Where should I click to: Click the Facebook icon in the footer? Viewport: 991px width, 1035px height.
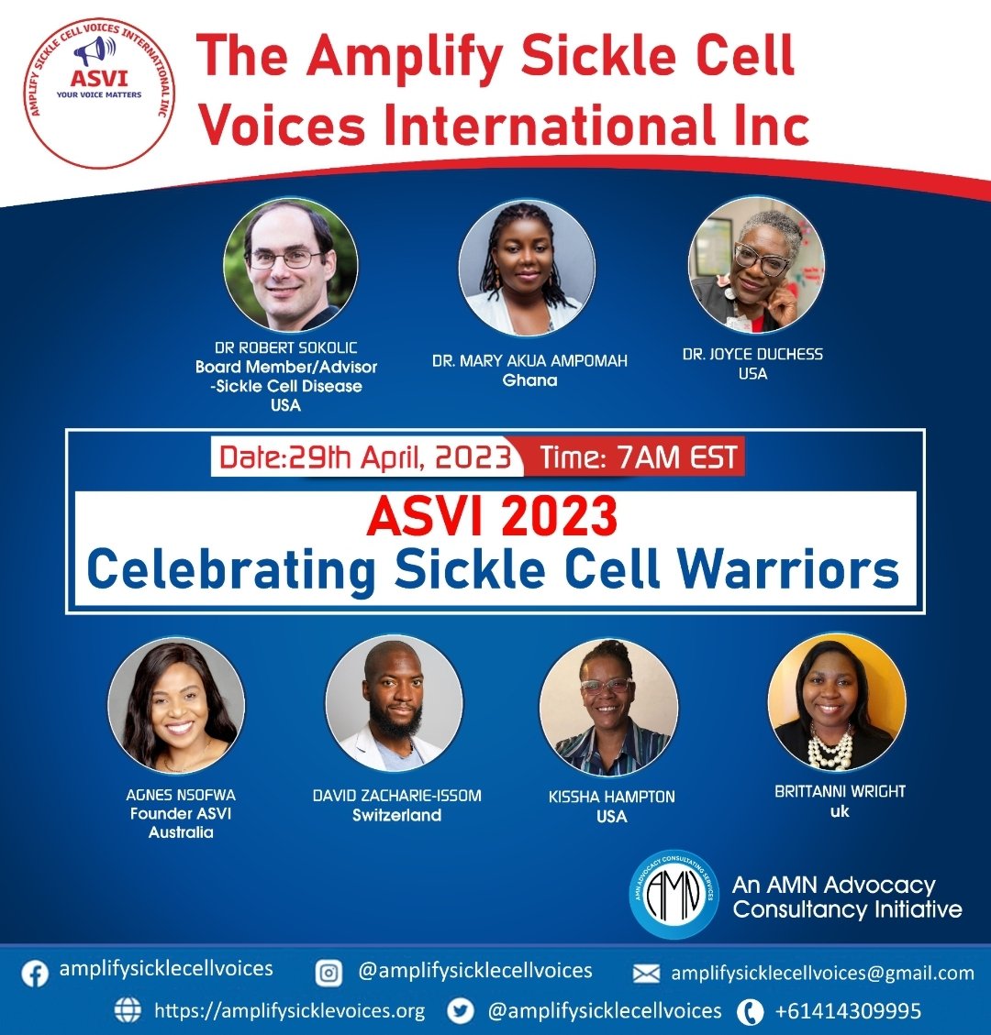pos(35,972)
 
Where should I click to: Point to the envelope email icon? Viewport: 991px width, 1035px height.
pos(647,974)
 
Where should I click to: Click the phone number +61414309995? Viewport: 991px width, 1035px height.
pos(848,1012)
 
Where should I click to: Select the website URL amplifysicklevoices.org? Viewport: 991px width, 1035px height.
pos(289,1011)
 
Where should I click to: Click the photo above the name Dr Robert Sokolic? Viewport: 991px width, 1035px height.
pos(290,265)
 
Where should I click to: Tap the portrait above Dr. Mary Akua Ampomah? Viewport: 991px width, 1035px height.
pos(528,269)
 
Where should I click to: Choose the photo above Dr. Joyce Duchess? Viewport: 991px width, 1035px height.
pos(755,265)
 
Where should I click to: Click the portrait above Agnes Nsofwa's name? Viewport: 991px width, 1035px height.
pos(177,706)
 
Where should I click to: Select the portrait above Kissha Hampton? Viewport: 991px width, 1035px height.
pos(608,707)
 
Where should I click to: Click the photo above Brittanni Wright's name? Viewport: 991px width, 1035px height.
pos(836,701)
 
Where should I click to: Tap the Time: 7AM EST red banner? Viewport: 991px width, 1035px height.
pos(639,457)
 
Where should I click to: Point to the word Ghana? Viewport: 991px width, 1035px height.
pos(530,380)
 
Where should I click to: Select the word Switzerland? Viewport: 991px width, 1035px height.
pos(396,815)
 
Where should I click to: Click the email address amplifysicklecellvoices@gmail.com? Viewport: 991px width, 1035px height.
pos(822,974)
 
